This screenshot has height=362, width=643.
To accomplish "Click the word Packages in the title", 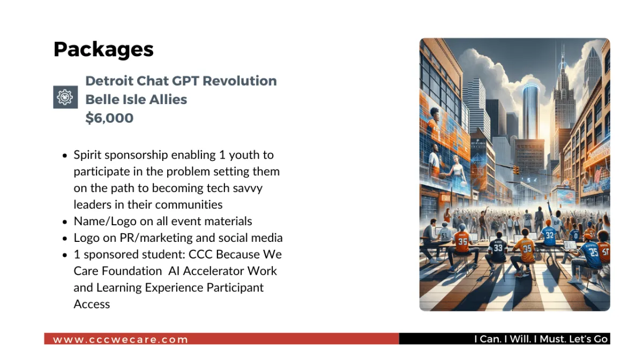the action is (103, 49).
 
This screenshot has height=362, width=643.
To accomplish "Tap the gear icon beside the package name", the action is (65, 97).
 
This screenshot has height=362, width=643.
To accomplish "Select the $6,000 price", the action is (109, 118).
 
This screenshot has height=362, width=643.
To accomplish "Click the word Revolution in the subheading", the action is (240, 81).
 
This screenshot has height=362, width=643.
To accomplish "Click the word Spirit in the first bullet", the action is (87, 156).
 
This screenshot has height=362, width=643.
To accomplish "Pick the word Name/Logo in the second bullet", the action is (105, 221).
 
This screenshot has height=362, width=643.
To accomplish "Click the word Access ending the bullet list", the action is (92, 304).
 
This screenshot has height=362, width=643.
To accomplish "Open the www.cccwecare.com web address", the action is (120, 339).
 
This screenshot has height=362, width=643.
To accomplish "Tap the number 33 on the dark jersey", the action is (498, 248).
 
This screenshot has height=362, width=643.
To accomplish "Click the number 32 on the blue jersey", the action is (549, 235).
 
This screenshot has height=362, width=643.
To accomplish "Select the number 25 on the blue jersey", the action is (593, 252).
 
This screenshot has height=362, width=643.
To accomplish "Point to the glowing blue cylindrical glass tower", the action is (530, 112).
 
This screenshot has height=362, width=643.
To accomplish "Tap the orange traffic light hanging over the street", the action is (516, 170).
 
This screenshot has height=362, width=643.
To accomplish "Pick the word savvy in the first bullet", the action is (248, 188).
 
